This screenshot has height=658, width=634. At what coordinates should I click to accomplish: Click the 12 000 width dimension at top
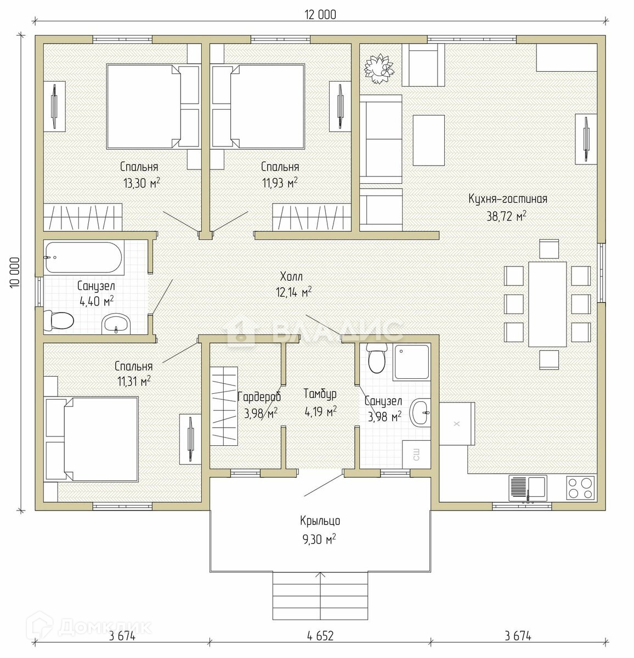click(x=320, y=15)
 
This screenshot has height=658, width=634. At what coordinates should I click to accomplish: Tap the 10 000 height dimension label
click(x=15, y=273)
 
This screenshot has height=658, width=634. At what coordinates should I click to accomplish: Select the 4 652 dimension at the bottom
click(x=320, y=636)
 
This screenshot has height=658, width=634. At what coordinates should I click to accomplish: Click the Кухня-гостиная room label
click(x=507, y=198)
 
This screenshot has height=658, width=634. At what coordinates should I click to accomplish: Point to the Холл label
click(x=291, y=276)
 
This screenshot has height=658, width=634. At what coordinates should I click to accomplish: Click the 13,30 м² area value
click(x=141, y=183)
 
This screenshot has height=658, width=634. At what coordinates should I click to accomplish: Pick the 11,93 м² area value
click(x=280, y=183)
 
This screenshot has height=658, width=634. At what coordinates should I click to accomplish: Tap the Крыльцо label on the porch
click(x=320, y=521)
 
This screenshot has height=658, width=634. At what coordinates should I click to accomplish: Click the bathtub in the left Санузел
click(x=83, y=257)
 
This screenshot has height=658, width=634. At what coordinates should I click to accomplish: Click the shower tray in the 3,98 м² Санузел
click(x=411, y=362)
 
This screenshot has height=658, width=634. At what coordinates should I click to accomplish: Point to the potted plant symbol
click(x=379, y=69)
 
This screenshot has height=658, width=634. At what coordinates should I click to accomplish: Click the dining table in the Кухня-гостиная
click(x=547, y=304)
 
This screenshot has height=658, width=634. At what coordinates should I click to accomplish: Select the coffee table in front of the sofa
click(x=428, y=140)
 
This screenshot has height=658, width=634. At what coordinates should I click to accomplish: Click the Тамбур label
click(x=320, y=394)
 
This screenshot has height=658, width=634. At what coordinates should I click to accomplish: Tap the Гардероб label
click(x=259, y=396)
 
